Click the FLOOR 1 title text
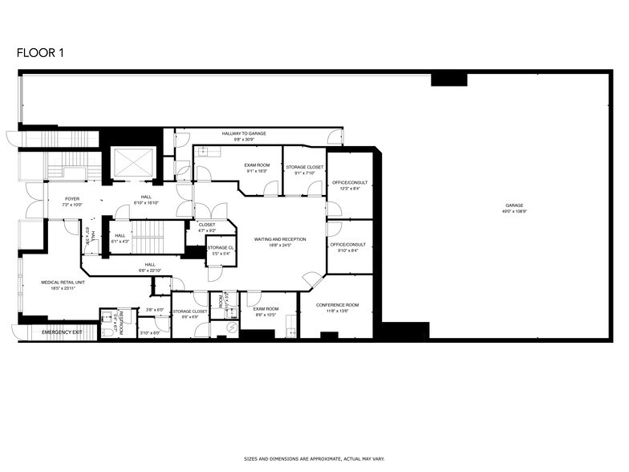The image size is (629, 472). point(40,53)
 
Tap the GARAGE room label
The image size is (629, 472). point(514,205)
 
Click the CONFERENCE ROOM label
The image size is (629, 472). point(337,305)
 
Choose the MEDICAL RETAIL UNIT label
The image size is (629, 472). point(63,283)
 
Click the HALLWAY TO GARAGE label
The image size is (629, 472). point(244,133)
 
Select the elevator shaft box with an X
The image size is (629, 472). point(132,164)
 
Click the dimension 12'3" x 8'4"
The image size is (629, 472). point(345,189)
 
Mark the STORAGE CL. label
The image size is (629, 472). point(220,247)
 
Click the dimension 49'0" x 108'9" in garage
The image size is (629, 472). point(514,211)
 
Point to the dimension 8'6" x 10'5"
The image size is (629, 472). point(266,315)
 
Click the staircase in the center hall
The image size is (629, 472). point(147,238)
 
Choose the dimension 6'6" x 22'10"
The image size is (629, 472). point(150,271)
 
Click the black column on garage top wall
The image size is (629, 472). point(448,79)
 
